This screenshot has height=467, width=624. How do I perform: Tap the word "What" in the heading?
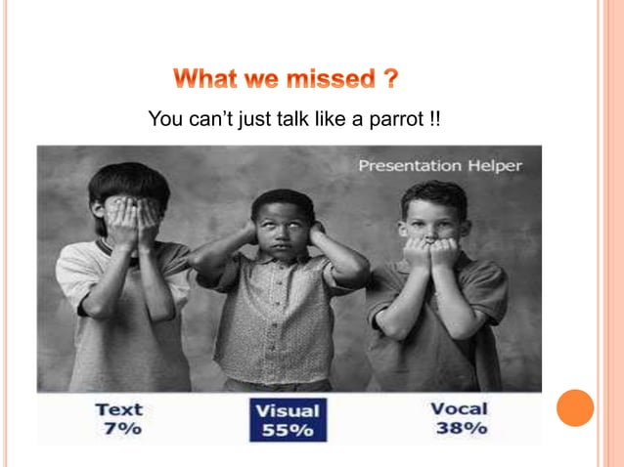click(x=205, y=78)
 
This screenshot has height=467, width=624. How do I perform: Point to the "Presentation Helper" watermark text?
click(x=440, y=165)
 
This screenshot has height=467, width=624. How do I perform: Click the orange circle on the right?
click(x=575, y=407)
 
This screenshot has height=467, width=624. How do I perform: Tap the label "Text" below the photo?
click(x=119, y=409)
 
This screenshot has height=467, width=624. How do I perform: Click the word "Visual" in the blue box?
click(x=287, y=411)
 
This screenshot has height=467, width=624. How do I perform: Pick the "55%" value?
click(x=287, y=431)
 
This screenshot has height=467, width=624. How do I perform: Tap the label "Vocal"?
click(x=459, y=408)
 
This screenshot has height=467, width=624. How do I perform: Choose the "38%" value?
click(x=459, y=427)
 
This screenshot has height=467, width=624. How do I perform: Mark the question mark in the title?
click(x=390, y=78)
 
